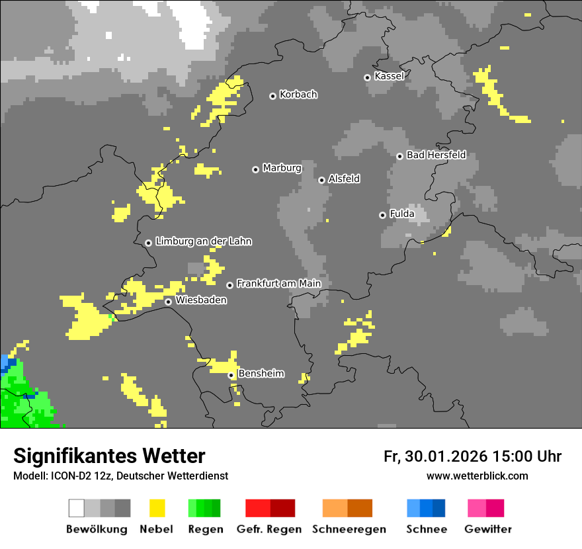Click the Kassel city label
pyautogui.click(x=389, y=76)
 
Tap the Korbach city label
pyautogui.click(x=298, y=95)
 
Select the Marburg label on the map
pyautogui.click(x=282, y=168)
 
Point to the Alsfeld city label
pyautogui.click(x=344, y=179)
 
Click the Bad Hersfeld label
pyautogui.click(x=436, y=155)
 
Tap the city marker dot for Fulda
pyautogui.click(x=382, y=215)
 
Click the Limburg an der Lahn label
pyautogui.click(x=203, y=241)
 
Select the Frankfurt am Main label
pyautogui.click(x=278, y=284)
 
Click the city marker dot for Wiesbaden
pyautogui.click(x=169, y=302)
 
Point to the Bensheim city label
pyautogui.click(x=261, y=374)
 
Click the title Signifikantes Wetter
pyautogui.click(x=109, y=456)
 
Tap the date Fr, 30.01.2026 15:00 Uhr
pyautogui.click(x=472, y=456)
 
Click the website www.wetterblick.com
pyautogui.click(x=477, y=476)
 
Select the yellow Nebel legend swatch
pyautogui.click(x=157, y=508)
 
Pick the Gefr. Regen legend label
pyautogui.click(x=269, y=529)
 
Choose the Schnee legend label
pyautogui.click(x=426, y=529)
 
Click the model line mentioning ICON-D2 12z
pyautogui.click(x=120, y=476)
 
